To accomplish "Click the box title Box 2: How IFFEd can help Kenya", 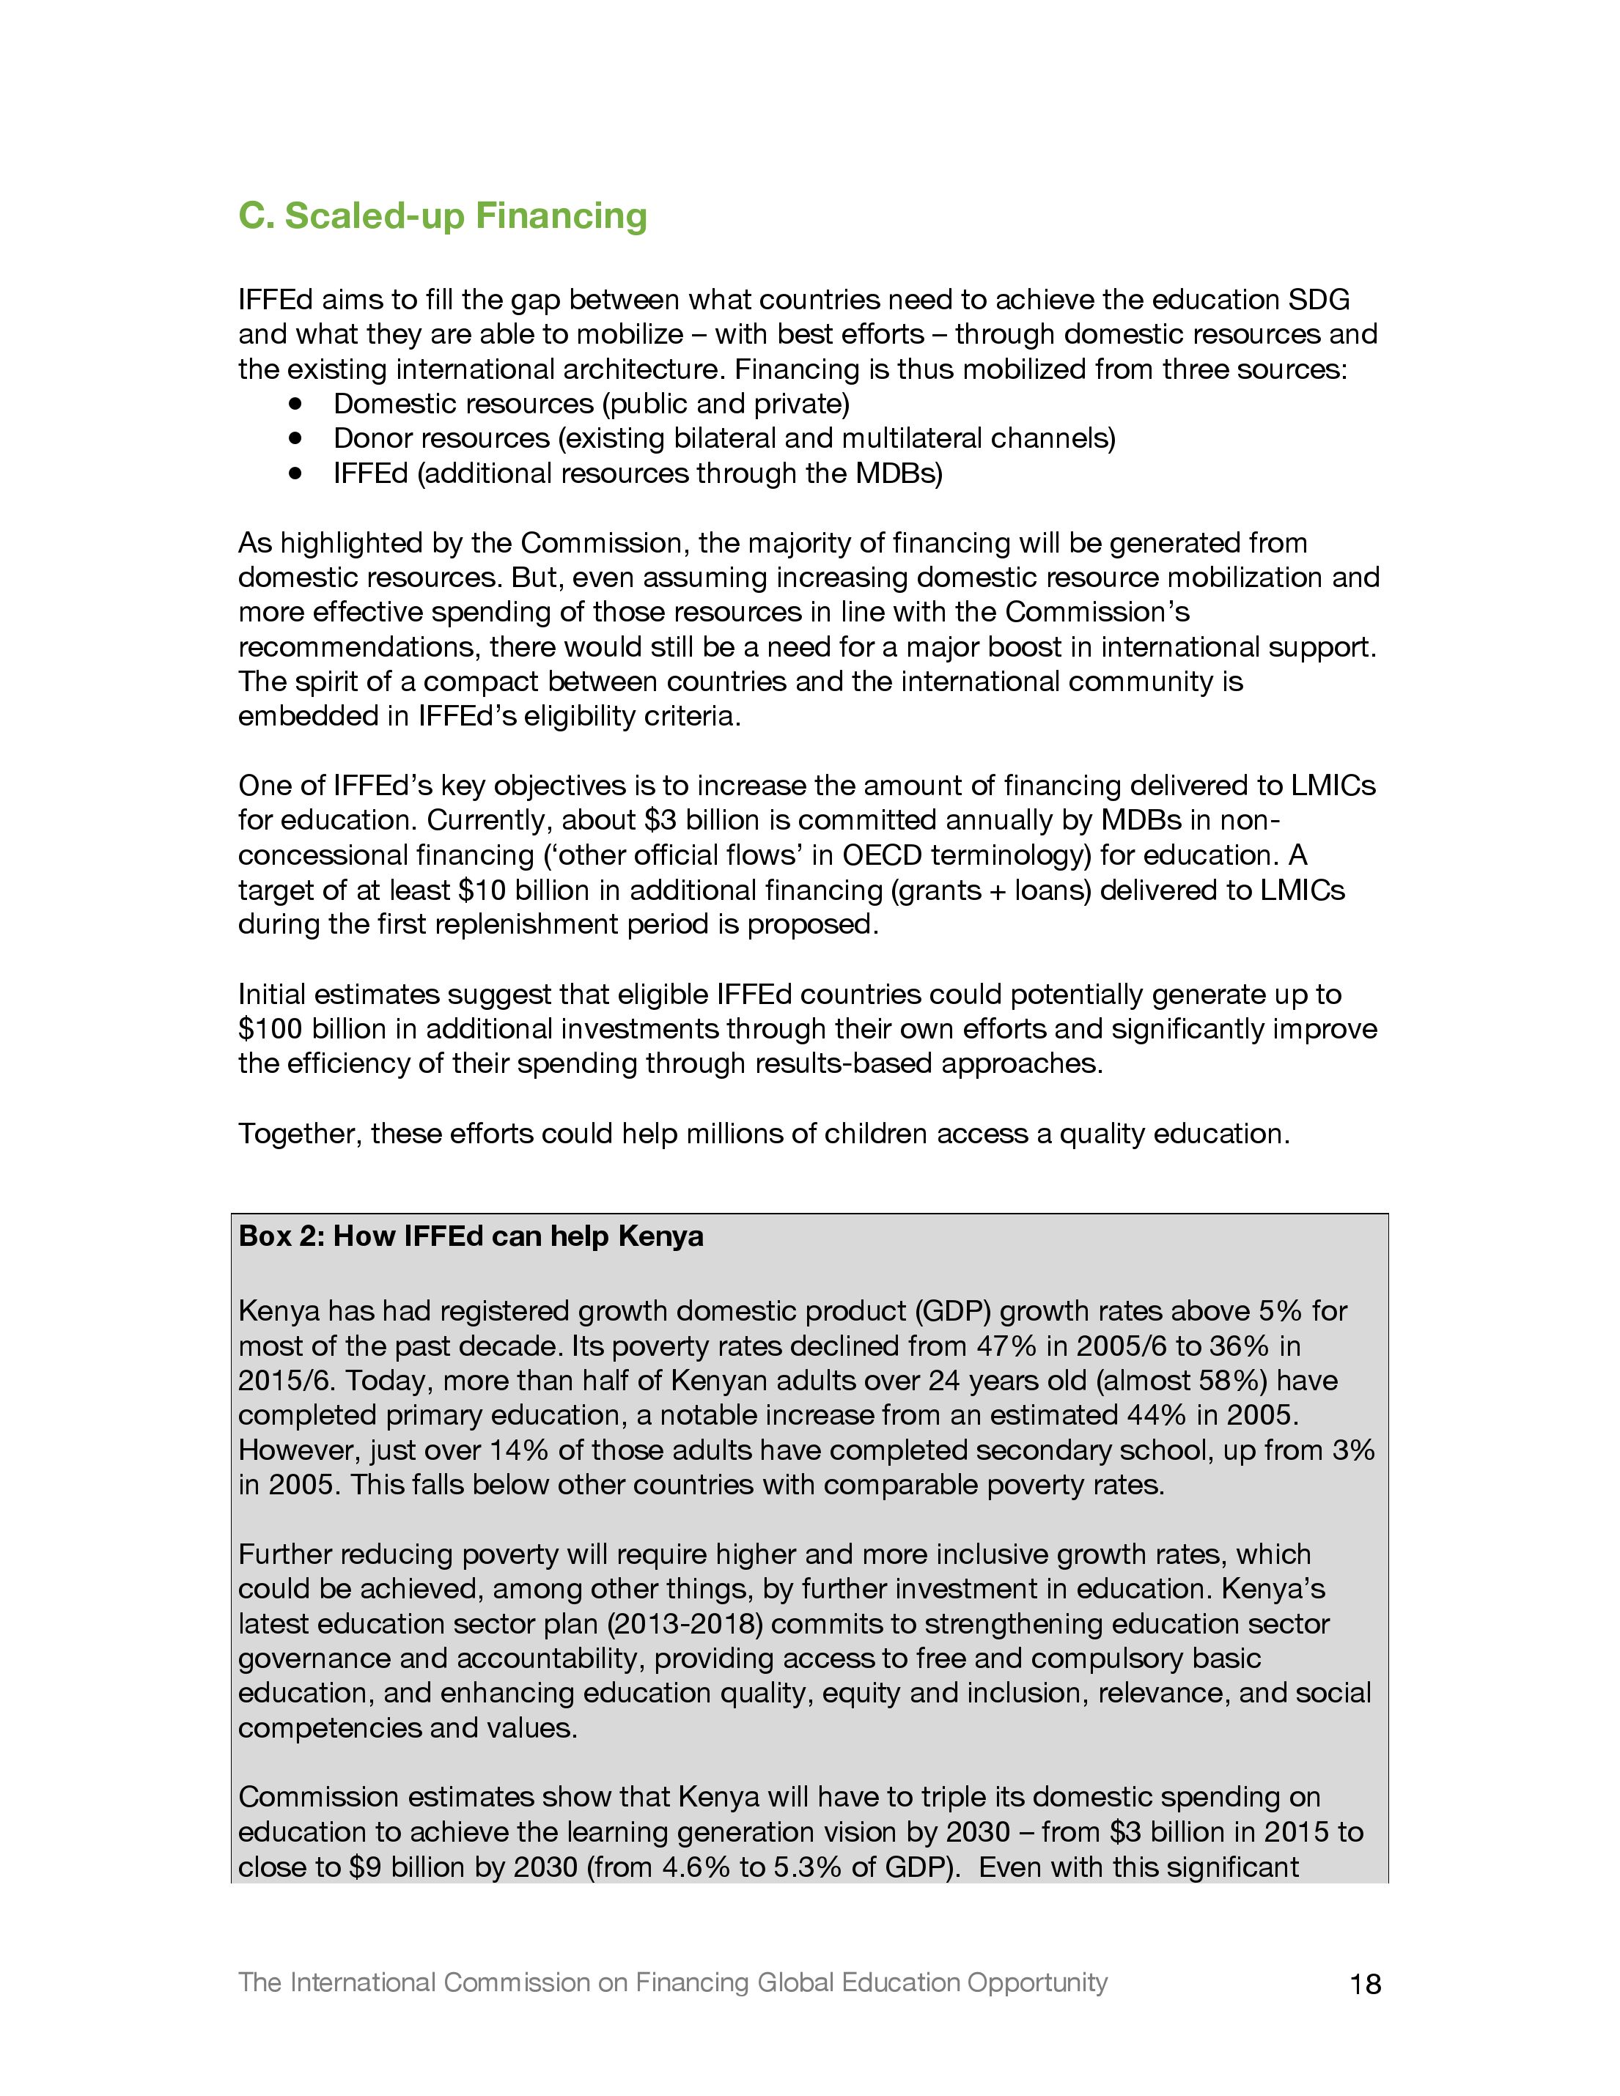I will click(x=471, y=1236).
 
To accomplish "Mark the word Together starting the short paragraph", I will click(x=298, y=1134).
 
